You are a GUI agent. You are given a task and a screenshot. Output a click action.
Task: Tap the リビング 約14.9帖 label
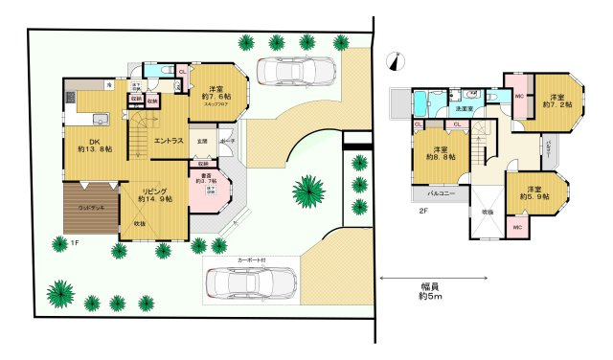(x=154, y=194)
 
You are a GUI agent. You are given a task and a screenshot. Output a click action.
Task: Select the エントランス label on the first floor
(x=169, y=141)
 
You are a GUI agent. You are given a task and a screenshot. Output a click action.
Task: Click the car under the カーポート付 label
(x=251, y=283)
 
